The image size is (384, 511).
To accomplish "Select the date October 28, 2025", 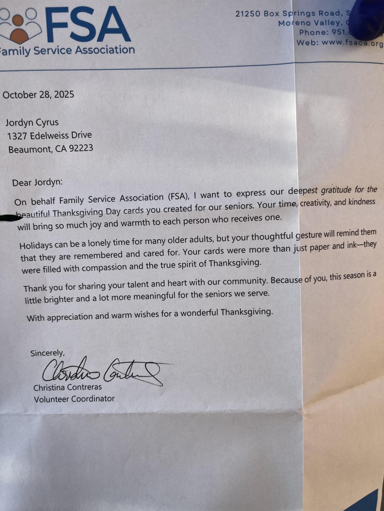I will tap(38, 95).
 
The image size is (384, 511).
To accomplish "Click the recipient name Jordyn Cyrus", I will tap(32, 122).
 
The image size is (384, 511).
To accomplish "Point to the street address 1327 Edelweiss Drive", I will tap(50, 135).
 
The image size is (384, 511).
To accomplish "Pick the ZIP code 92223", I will tap(81, 148).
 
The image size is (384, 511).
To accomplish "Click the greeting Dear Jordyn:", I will tap(37, 182).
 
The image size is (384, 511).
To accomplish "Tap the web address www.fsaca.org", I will tap(352, 43).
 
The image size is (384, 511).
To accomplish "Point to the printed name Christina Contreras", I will tap(68, 387).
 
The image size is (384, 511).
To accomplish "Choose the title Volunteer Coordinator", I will tap(74, 398).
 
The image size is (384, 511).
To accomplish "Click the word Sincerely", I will tap(47, 353).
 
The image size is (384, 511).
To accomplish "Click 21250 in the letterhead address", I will tap(248, 14).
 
